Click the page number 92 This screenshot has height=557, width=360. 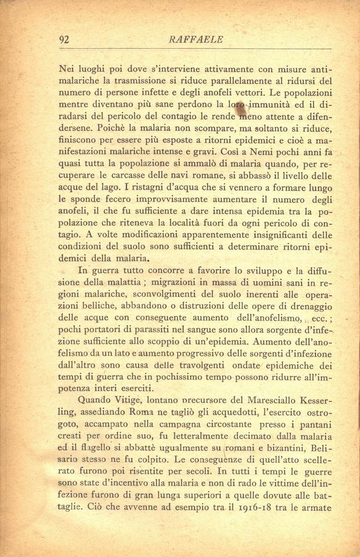point(64,39)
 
